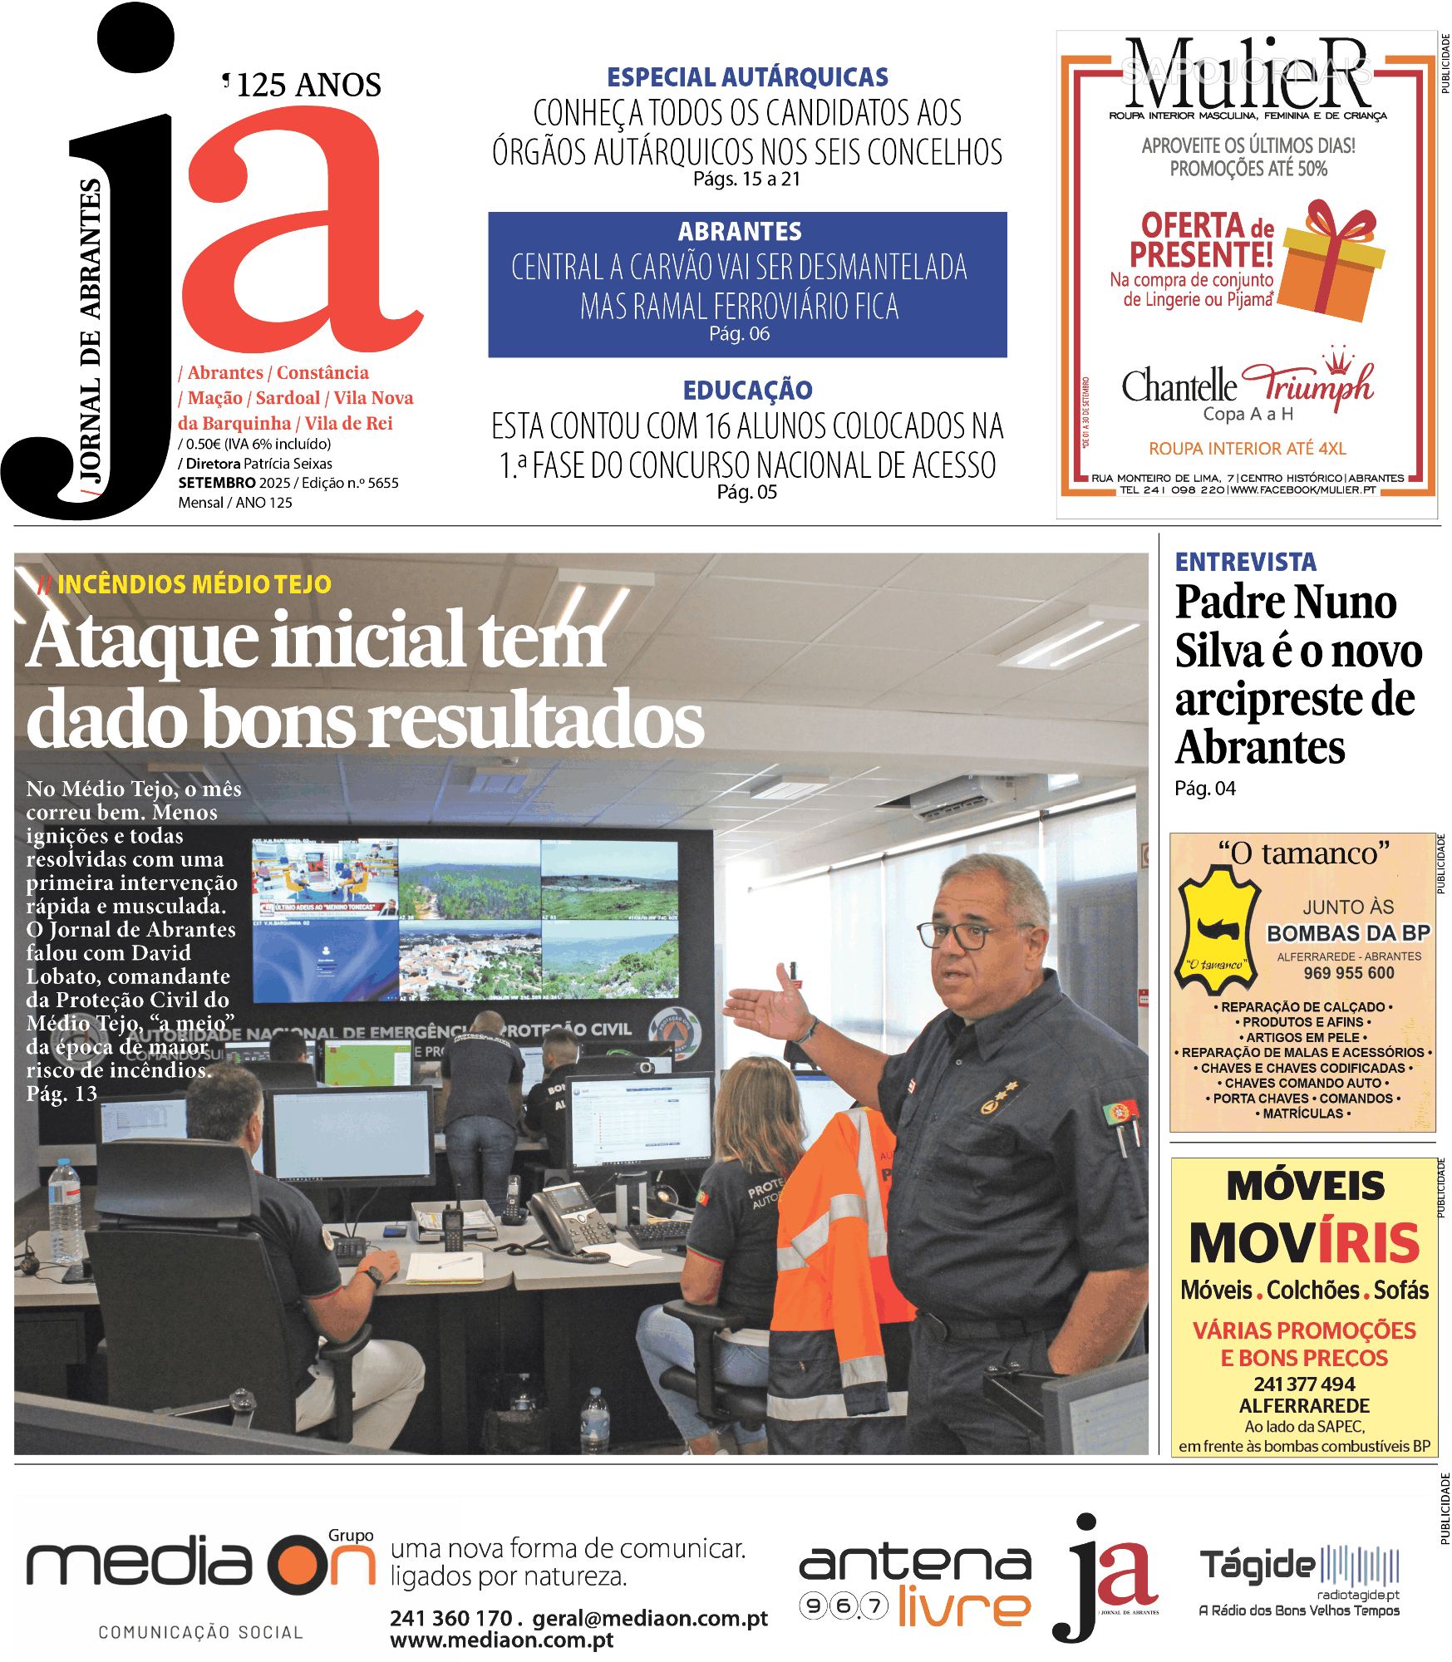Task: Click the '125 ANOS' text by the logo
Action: click(x=308, y=85)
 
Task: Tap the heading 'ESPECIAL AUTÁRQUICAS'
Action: click(x=747, y=77)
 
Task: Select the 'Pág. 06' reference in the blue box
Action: click(x=739, y=334)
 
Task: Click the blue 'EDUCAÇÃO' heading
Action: click(x=747, y=390)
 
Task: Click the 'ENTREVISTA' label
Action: click(x=1245, y=563)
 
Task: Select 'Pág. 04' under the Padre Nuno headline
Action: click(x=1204, y=789)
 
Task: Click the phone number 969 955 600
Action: click(x=1348, y=973)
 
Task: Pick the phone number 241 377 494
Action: click(x=1304, y=1384)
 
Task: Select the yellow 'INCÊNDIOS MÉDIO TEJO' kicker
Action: click(x=194, y=584)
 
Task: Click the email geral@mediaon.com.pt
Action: click(x=650, y=1619)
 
